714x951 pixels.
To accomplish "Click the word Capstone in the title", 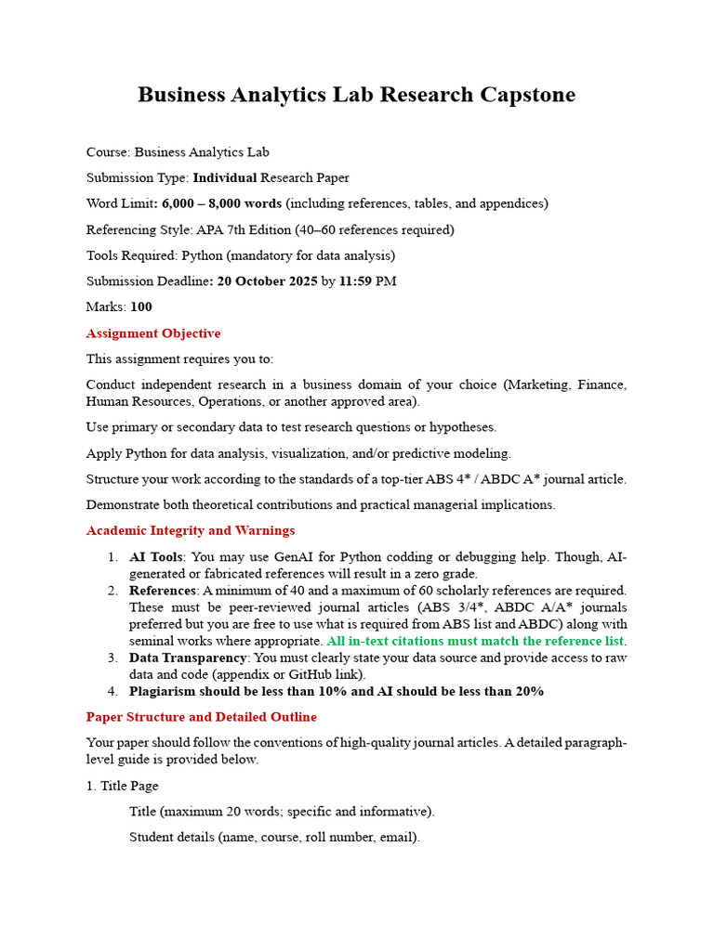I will [x=527, y=95].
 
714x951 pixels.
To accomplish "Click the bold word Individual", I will [x=224, y=177].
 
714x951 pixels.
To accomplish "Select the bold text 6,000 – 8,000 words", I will [x=221, y=203].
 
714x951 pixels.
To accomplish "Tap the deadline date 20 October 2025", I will [x=267, y=281].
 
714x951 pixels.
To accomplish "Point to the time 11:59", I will [x=359, y=281].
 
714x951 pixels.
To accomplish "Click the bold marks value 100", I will [x=141, y=307].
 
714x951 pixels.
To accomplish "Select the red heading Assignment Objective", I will [x=153, y=333].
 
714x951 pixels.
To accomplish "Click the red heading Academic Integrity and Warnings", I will [x=191, y=531].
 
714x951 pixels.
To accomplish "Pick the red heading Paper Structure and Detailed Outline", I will [x=201, y=717].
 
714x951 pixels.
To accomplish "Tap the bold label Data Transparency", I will [x=187, y=658].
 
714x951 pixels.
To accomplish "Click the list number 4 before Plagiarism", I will [x=112, y=692].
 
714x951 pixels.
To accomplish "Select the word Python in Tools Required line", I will [x=202, y=255].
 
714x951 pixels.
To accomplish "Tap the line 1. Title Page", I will [x=123, y=786].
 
